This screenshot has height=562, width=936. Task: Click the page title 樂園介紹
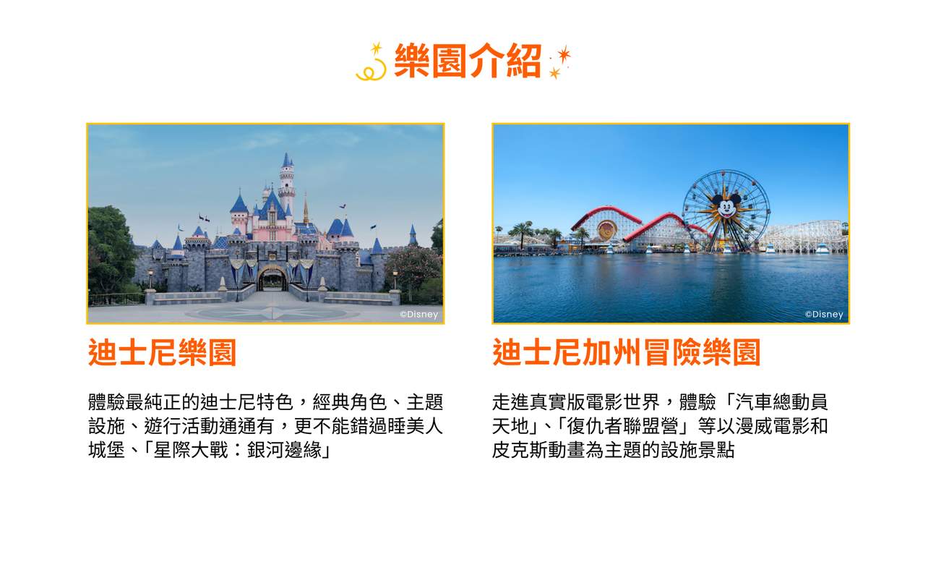[467, 61]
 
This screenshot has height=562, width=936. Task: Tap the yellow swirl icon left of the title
[372, 65]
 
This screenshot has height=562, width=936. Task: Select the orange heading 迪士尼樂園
[162, 353]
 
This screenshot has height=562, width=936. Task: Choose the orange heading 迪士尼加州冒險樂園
[626, 353]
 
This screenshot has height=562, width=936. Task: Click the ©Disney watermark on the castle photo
[419, 315]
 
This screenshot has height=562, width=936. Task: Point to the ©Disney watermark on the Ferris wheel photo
[824, 315]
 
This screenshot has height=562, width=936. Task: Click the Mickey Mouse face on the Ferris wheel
[725, 207]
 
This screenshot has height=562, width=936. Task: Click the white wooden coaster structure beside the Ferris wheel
[806, 235]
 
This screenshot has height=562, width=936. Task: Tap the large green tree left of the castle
[110, 250]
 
